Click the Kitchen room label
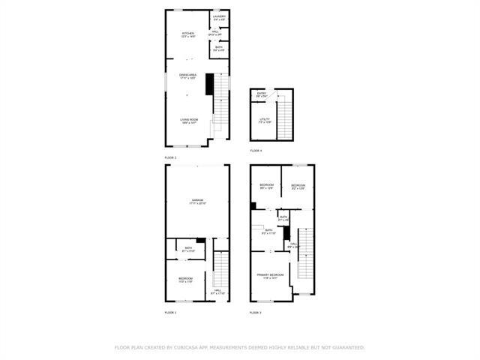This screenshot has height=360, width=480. coord(188,34)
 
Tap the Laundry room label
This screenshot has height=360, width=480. coord(219,16)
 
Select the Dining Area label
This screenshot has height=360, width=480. coord(187,76)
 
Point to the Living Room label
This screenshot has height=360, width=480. coord(188,120)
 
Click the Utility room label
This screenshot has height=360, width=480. coord(264,120)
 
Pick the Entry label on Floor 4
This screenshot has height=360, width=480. coord(261,94)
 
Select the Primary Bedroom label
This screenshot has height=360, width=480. coord(270,276)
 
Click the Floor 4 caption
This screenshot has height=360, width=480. coord(256,151)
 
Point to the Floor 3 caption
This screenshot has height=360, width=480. coord(256,311)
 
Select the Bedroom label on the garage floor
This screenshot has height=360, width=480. coord(185,280)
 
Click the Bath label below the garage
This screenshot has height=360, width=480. coord(189,249)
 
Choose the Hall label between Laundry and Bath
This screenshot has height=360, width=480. coord(219,32)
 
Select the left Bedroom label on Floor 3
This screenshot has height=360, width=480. coord(266,186)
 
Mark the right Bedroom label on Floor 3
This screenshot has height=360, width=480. coord(298,186)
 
